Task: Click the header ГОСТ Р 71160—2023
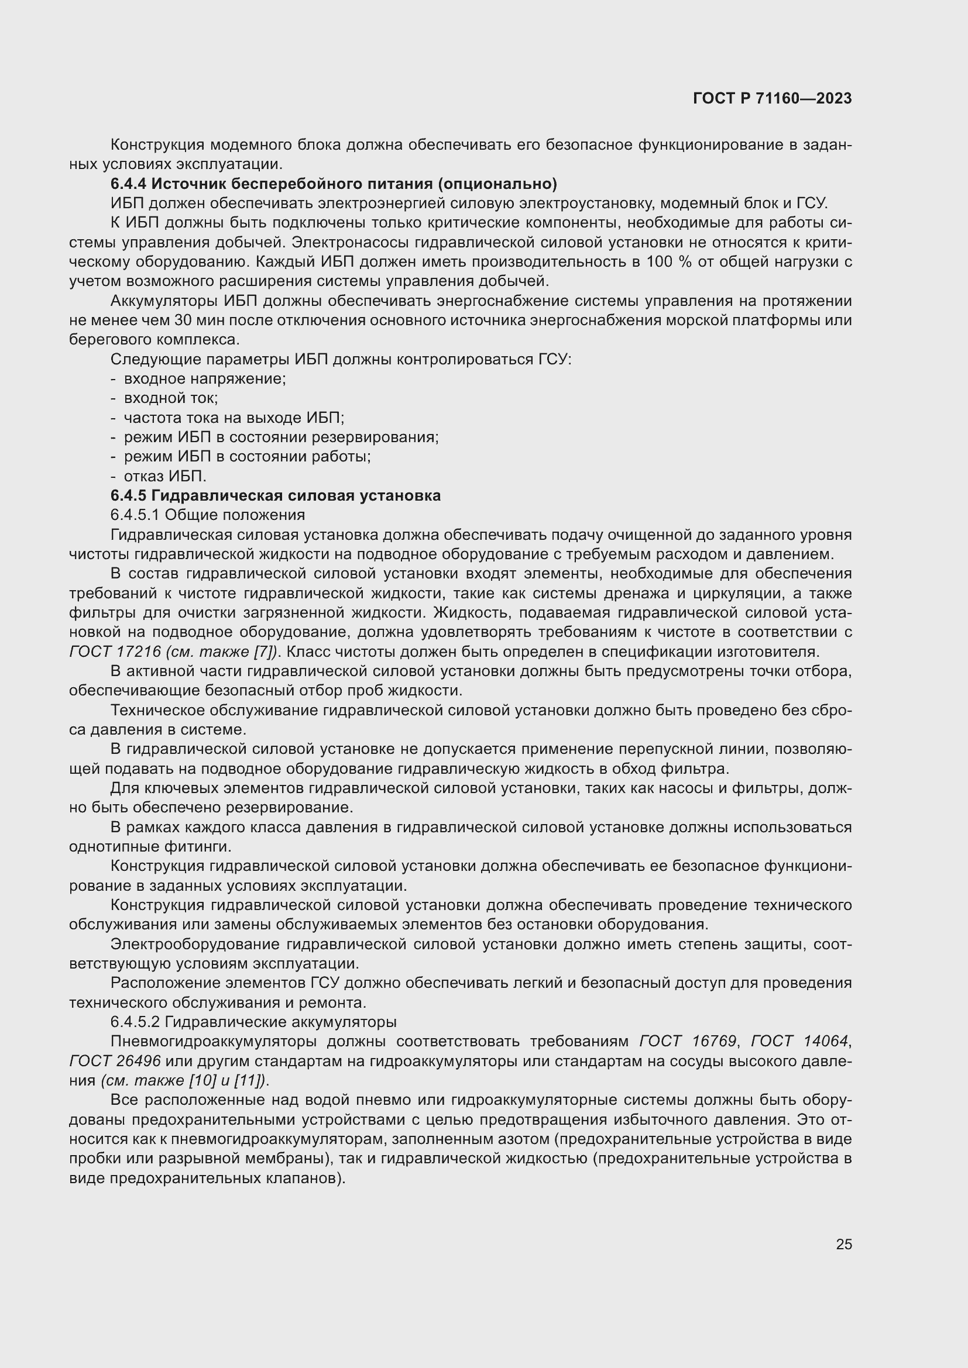click(772, 98)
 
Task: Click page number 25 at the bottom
click(843, 1244)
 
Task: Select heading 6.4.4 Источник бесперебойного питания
click(334, 184)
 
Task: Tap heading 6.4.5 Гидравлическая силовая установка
click(276, 495)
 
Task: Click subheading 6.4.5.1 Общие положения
click(207, 515)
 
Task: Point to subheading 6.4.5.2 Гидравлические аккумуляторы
click(253, 1022)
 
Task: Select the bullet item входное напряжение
click(204, 378)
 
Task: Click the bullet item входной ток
click(170, 398)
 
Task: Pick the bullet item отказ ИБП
click(164, 476)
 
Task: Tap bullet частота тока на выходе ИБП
click(234, 418)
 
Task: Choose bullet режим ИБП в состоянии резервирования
click(281, 437)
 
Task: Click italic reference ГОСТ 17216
click(115, 652)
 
